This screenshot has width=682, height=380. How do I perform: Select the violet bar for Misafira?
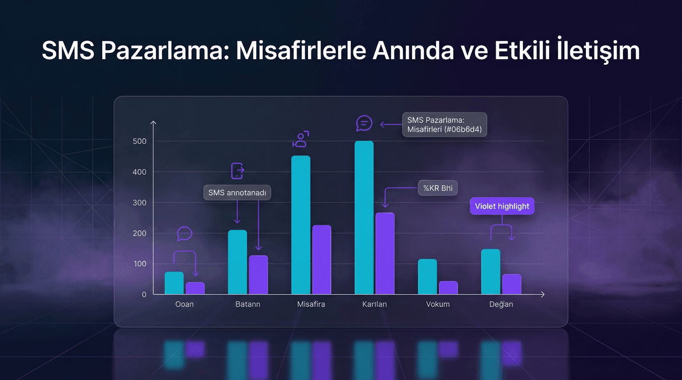(322, 260)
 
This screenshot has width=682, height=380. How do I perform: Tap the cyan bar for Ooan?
(174, 283)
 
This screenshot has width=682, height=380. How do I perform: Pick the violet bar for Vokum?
(448, 287)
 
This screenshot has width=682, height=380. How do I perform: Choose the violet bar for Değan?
(511, 284)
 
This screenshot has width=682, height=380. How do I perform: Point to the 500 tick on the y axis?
(140, 141)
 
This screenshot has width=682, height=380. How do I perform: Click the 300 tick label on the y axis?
(140, 203)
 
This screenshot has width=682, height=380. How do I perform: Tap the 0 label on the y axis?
(144, 294)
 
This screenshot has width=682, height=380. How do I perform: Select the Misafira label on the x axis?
(311, 304)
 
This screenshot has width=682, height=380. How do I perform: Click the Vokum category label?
(438, 304)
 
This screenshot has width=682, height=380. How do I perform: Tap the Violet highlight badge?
(502, 206)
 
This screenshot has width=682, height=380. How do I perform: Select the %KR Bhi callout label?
(438, 188)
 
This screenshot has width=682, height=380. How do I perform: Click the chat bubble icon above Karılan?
(364, 123)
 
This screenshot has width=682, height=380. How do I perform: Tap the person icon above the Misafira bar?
(301, 139)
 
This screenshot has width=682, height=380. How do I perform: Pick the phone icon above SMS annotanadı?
(237, 170)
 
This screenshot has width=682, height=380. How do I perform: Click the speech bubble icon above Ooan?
(185, 233)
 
